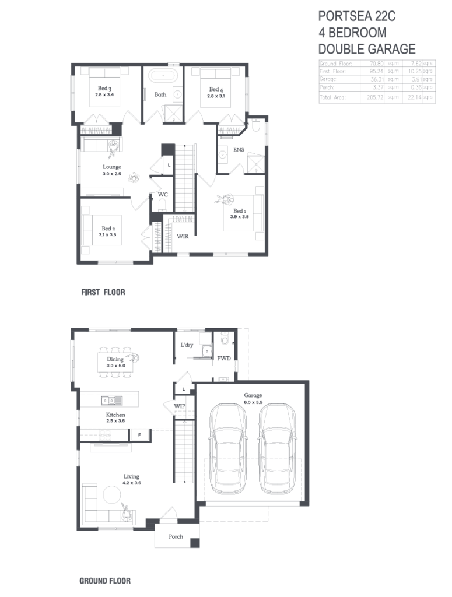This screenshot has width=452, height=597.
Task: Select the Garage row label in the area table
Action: click(328, 79)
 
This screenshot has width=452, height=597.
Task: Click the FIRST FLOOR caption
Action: click(103, 292)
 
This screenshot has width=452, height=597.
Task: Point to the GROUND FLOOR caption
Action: click(105, 581)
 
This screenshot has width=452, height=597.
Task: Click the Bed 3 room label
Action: click(104, 88)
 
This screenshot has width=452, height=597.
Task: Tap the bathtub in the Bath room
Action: click(160, 76)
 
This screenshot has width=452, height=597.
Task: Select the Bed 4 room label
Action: click(216, 89)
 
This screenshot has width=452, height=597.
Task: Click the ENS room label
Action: click(239, 150)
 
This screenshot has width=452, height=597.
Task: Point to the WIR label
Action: click(183, 237)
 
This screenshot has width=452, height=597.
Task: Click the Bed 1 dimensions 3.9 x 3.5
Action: click(239, 217)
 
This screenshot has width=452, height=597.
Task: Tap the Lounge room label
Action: click(112, 167)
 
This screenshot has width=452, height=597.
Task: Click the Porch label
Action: click(176, 536)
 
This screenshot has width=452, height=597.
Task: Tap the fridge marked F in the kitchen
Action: click(139, 434)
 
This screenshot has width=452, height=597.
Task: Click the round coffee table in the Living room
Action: click(111, 495)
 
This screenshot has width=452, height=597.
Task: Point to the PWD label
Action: click(224, 359)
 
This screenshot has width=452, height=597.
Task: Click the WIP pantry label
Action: click(180, 406)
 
